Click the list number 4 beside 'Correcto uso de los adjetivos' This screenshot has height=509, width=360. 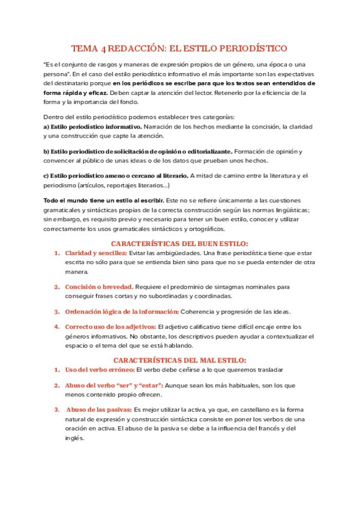[x=56, y=327]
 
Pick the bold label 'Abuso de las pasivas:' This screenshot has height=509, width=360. [x=99, y=409]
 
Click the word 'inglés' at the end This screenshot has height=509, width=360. [x=74, y=438]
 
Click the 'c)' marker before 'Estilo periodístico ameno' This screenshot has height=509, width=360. [x=46, y=175]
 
